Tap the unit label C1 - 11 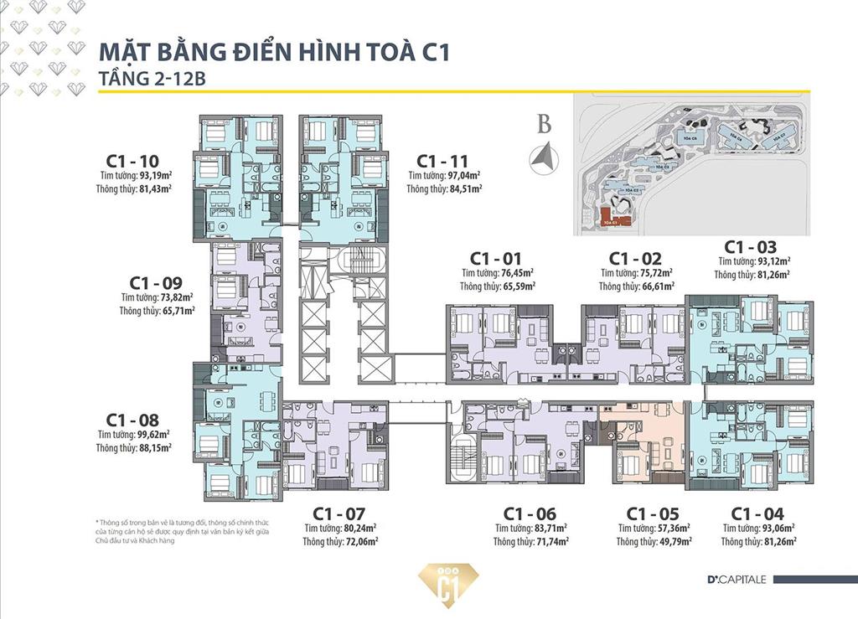[442, 161]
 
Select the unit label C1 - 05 [652, 513]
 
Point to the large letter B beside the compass [545, 126]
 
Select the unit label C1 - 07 [338, 513]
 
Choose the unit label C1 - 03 [750, 247]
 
